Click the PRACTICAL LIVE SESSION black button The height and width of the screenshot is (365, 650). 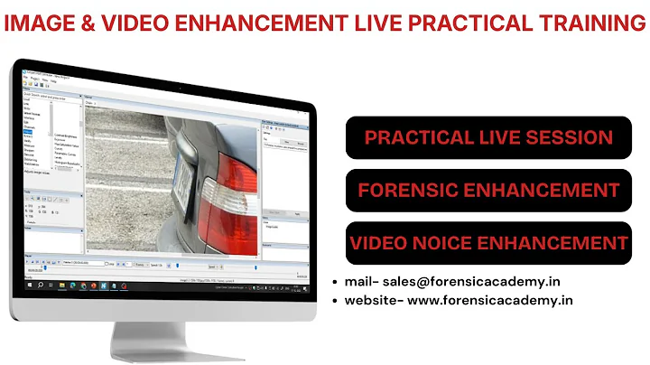click(x=488, y=138)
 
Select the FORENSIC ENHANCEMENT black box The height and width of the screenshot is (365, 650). click(x=488, y=191)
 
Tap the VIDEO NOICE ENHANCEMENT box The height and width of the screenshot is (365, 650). click(x=488, y=242)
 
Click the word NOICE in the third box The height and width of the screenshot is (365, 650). click(x=450, y=242)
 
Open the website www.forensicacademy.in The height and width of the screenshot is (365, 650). click(x=490, y=301)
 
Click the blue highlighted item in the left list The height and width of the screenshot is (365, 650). click(x=31, y=133)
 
